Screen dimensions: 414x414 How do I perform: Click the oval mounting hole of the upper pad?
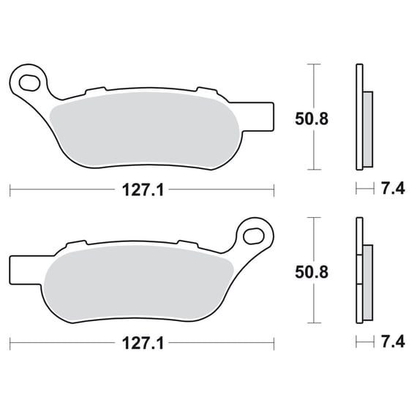30,83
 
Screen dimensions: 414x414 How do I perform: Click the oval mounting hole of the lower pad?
254,236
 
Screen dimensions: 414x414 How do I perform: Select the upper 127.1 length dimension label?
143,190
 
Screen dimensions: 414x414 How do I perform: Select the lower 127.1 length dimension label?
143,344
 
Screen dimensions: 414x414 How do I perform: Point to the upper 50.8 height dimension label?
312,118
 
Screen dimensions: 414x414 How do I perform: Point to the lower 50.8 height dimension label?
312,272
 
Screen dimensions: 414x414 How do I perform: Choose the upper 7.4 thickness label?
393,189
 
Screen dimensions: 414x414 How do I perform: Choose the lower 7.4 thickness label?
393,342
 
